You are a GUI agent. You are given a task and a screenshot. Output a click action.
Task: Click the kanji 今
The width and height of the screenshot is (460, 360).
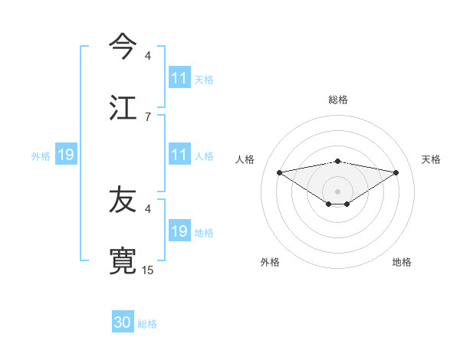click(x=123, y=46)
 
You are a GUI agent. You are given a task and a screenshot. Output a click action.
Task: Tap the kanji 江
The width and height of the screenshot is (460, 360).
click(x=123, y=107)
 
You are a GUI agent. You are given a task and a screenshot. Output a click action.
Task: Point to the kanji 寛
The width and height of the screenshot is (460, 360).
click(x=123, y=261)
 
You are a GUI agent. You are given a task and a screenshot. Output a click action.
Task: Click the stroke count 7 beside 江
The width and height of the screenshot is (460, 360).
click(x=148, y=116)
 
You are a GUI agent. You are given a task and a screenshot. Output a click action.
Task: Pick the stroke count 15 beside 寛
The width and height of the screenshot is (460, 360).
click(x=148, y=270)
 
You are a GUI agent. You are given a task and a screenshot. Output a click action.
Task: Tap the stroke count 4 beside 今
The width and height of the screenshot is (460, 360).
click(x=148, y=55)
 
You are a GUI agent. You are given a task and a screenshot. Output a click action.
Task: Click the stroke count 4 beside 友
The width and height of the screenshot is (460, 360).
click(x=148, y=208)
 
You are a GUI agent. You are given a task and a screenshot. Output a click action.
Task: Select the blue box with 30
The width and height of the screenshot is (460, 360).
click(x=123, y=322)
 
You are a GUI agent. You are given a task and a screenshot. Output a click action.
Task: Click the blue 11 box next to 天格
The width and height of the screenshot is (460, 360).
click(x=179, y=78)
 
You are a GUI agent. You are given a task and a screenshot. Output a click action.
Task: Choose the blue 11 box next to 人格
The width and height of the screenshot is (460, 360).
click(x=179, y=155)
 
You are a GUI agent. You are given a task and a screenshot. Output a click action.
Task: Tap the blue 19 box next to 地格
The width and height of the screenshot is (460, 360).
click(x=179, y=231)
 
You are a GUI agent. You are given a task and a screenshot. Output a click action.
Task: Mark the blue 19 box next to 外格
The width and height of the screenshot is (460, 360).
click(x=66, y=155)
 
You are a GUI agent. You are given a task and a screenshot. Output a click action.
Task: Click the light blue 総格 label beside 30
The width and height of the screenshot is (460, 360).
click(x=147, y=324)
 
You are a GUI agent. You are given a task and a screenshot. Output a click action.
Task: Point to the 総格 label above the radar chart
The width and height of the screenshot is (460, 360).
click(x=338, y=100)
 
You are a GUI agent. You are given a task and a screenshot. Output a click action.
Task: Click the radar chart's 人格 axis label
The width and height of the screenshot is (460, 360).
click(x=245, y=159)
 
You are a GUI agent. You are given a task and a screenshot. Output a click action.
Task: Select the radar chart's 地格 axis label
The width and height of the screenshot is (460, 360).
click(x=402, y=262)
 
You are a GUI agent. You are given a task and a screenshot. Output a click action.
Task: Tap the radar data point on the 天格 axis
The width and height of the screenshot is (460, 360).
click(x=396, y=172)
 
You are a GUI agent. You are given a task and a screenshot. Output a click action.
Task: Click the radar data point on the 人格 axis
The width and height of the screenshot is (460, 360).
click(x=279, y=172)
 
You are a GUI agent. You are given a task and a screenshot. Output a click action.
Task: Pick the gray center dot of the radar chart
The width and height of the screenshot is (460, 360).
click(x=338, y=191)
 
